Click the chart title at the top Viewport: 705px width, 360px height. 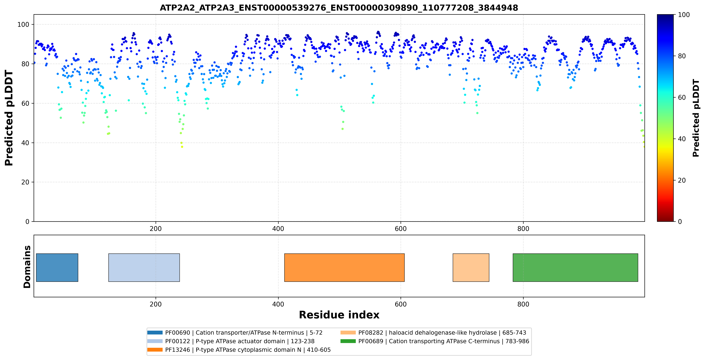pos(339,8)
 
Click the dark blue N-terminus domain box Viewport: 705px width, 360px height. pos(57,267)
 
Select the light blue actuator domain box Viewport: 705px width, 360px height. pos(144,267)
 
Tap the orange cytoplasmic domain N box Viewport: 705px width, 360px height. pos(344,267)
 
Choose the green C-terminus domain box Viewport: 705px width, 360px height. pos(575,267)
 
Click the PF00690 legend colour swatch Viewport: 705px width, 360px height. pos(155,333)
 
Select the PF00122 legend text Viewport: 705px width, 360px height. pos(240,341)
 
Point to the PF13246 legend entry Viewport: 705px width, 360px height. pos(239,350)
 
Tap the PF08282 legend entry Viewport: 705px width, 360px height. pos(433,333)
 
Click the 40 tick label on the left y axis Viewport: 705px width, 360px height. pos(25,143)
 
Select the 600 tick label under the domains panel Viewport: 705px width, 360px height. pos(401,304)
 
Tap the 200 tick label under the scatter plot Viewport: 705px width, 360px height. pos(156,229)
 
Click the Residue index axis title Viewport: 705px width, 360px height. pos(339,315)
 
